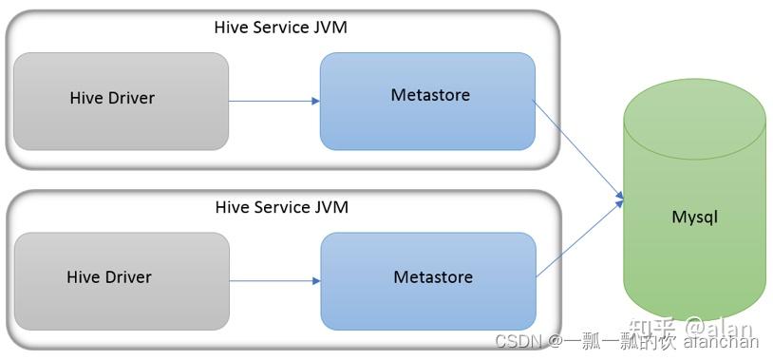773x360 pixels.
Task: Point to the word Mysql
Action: pos(694,218)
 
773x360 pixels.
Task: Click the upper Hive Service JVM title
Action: pos(281,27)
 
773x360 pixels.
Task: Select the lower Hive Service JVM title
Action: pos(281,207)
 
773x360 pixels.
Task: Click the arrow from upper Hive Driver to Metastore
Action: pos(273,101)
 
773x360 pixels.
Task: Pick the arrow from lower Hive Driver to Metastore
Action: pos(273,280)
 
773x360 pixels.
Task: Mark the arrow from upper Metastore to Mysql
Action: pos(579,150)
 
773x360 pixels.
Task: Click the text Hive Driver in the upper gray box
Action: pos(112,98)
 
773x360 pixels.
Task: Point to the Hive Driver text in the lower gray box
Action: pos(109,277)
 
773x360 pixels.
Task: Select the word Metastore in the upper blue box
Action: pos(430,95)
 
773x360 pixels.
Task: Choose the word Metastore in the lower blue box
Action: pos(433,277)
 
